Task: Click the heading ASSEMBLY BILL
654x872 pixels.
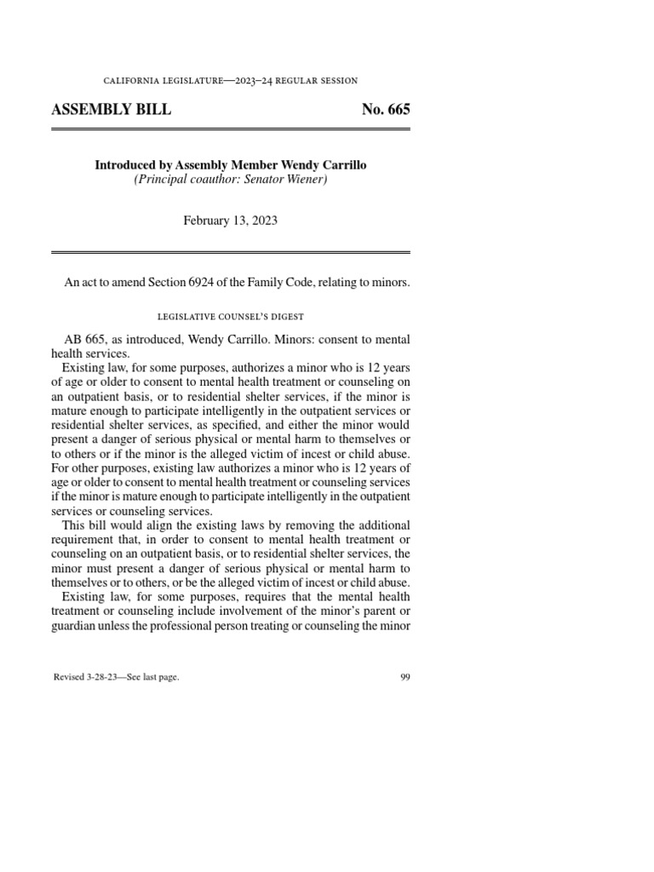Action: [x=111, y=110]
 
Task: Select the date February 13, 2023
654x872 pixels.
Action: [x=231, y=220]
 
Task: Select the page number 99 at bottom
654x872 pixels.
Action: [x=404, y=678]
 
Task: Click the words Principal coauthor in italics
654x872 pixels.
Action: [x=178, y=180]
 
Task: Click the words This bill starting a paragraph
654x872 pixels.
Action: [x=85, y=525]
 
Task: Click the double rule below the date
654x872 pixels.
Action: [x=231, y=253]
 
